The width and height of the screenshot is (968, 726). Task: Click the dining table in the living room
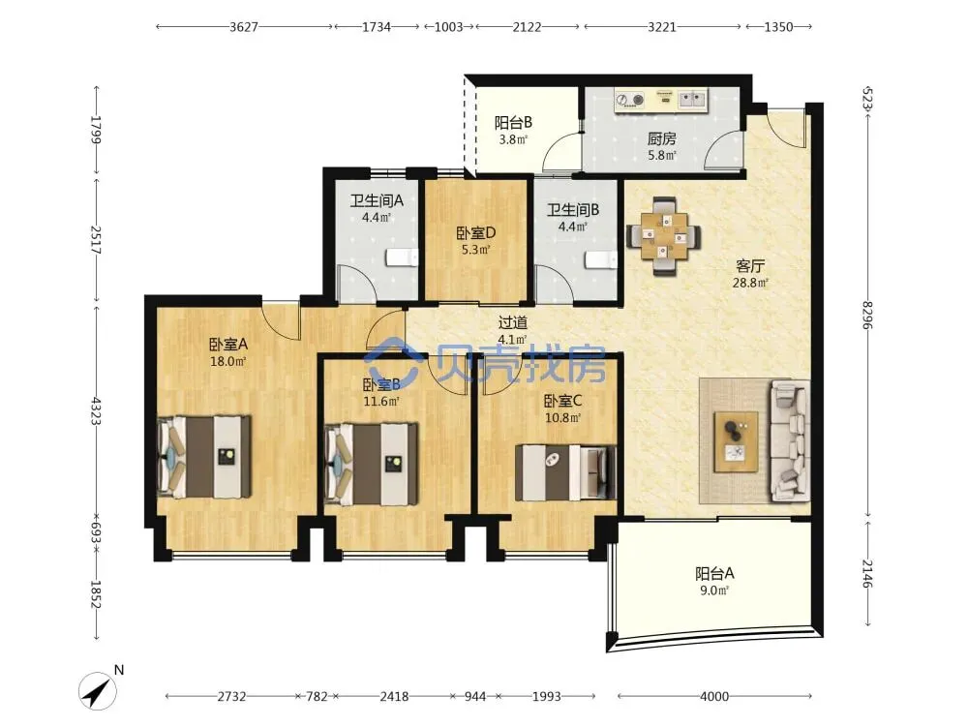pyautogui.click(x=664, y=236)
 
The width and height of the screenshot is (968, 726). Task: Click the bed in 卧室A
pyautogui.click(x=204, y=457)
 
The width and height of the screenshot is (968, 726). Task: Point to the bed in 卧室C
pyautogui.click(x=565, y=472)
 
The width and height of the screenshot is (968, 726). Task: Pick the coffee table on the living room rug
pyautogui.click(x=736, y=442)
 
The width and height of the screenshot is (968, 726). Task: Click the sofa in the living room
pyautogui.click(x=789, y=440)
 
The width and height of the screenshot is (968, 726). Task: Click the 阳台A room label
pyautogui.click(x=714, y=573)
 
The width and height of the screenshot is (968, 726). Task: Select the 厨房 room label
pyautogui.click(x=661, y=138)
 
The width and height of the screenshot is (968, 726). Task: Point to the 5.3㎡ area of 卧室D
pyautogui.click(x=475, y=250)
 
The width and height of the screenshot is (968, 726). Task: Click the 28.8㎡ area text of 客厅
pyautogui.click(x=750, y=284)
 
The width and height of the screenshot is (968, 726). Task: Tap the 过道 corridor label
pyautogui.click(x=512, y=322)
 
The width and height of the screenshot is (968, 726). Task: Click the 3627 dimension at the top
pyautogui.click(x=244, y=27)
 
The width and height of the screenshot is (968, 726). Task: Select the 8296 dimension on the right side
pyautogui.click(x=867, y=315)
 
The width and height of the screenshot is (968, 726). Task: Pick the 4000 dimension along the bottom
pyautogui.click(x=714, y=696)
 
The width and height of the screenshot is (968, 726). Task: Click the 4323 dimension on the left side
pyautogui.click(x=96, y=410)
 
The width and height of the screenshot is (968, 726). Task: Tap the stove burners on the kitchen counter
pyautogui.click(x=630, y=99)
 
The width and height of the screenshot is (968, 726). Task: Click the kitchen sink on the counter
pyautogui.click(x=692, y=98)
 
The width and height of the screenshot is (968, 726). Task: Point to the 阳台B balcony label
pyautogui.click(x=513, y=123)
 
